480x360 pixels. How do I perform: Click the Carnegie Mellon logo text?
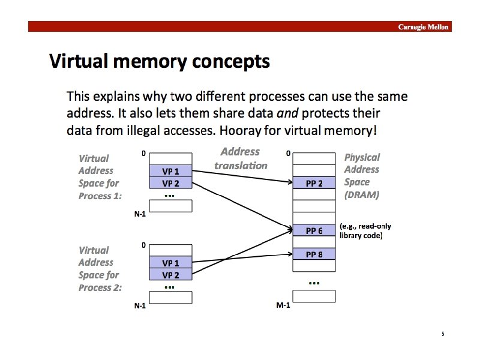424,27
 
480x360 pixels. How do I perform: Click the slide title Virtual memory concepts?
159,61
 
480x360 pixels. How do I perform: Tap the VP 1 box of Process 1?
171,171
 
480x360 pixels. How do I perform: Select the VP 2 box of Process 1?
171,183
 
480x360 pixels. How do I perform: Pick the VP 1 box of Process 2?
171,263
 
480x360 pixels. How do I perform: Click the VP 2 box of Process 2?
171,275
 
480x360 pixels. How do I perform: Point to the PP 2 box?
314,183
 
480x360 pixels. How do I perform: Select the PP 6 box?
314,230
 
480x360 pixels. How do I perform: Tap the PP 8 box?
314,254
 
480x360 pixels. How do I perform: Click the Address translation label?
241,158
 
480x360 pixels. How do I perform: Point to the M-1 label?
283,305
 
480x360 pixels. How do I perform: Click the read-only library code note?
365,231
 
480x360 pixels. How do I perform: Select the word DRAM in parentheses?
362,195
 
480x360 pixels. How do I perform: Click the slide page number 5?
443,334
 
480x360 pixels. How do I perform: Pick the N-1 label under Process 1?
140,214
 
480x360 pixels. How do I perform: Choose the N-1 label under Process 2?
140,305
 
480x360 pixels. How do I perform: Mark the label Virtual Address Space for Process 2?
100,269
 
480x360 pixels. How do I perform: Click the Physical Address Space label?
362,170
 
